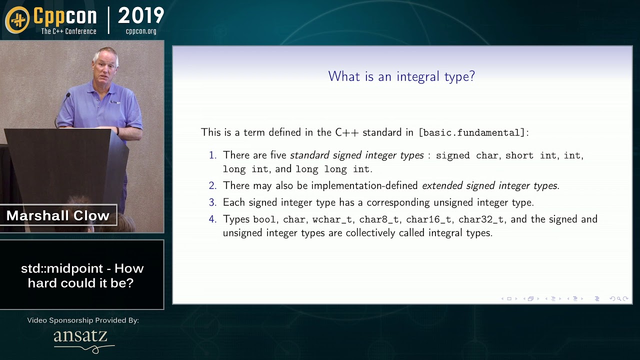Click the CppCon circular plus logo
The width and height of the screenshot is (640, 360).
click(17, 19)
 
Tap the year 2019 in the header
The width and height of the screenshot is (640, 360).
click(141, 15)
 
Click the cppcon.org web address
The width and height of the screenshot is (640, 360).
click(141, 31)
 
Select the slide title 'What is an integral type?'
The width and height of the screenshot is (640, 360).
click(401, 76)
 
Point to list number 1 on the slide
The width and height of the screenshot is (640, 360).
click(213, 155)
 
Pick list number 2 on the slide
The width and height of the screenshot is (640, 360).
click(213, 185)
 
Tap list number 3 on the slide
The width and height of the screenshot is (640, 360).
click(213, 202)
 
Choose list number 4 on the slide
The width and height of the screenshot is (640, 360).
click(213, 219)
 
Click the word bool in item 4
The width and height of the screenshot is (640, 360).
click(264, 219)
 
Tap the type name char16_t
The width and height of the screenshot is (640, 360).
click(428, 219)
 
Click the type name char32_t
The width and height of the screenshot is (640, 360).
click(481, 219)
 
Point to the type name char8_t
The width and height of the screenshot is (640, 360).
click(379, 219)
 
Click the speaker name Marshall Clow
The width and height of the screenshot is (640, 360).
click(58, 215)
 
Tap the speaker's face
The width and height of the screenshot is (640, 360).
click(105, 67)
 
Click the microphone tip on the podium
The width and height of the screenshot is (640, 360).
click(68, 94)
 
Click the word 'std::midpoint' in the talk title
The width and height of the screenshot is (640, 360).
click(62, 268)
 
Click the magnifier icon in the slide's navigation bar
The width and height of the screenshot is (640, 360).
click(619, 299)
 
